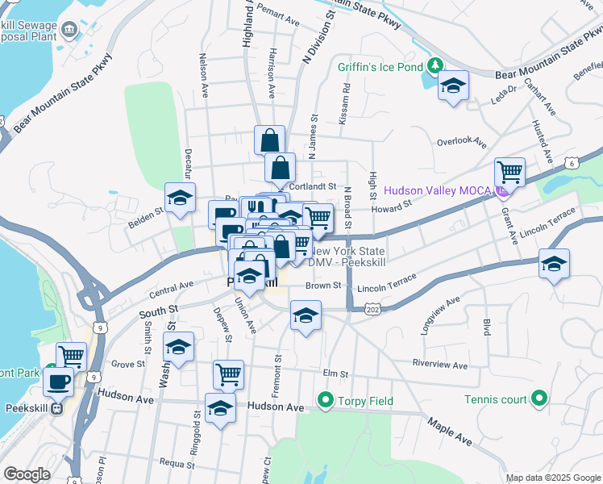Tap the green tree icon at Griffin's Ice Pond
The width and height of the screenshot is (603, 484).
pyautogui.click(x=435, y=65)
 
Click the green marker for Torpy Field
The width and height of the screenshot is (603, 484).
pyautogui.click(x=326, y=398)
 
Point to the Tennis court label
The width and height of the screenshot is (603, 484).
pyautogui.click(x=495, y=398)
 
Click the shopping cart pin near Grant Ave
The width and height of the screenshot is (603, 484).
pyautogui.click(x=509, y=170)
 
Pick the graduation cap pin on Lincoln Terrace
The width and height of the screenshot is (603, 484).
pyautogui.click(x=554, y=263)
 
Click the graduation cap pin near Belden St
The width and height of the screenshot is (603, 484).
pyautogui.click(x=181, y=196)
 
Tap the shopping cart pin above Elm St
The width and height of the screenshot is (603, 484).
pyautogui.click(x=229, y=373)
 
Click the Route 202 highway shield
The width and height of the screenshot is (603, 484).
pyautogui.click(x=372, y=309)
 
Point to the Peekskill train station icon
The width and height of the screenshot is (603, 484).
pyautogui.click(x=56, y=408)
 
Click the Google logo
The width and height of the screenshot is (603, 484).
pyautogui.click(x=27, y=474)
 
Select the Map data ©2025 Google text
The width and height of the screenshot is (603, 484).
pyautogui.click(x=553, y=478)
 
